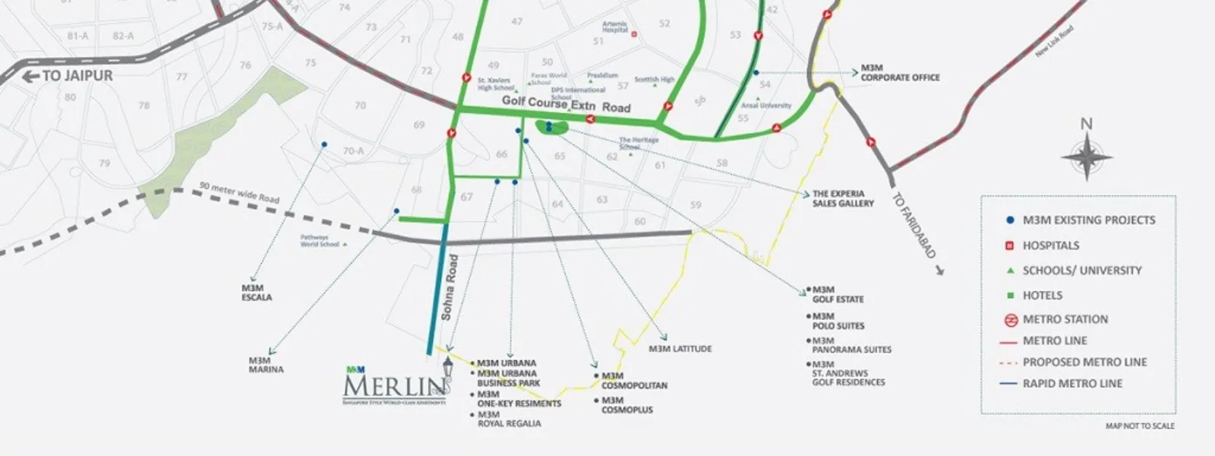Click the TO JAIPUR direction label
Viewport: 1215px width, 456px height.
(x=70, y=76)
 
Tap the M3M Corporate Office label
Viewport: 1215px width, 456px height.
(x=899, y=73)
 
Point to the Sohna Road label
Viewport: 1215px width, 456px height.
(x=451, y=287)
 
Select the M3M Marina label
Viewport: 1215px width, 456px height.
(x=266, y=365)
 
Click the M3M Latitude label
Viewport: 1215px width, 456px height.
(x=680, y=349)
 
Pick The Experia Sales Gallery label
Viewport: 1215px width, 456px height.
(x=843, y=198)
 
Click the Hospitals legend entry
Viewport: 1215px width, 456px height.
(x=1050, y=245)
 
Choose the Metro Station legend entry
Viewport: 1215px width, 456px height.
(x=1065, y=319)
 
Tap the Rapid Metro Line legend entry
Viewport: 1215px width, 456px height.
(x=1071, y=383)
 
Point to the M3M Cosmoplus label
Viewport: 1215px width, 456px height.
(x=627, y=405)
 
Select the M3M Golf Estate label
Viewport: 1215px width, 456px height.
(x=838, y=294)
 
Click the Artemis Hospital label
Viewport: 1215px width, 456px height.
(x=615, y=27)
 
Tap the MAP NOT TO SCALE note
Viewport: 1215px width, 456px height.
(x=1140, y=426)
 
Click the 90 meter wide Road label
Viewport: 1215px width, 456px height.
(x=240, y=192)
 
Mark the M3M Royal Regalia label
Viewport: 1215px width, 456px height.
(x=509, y=419)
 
